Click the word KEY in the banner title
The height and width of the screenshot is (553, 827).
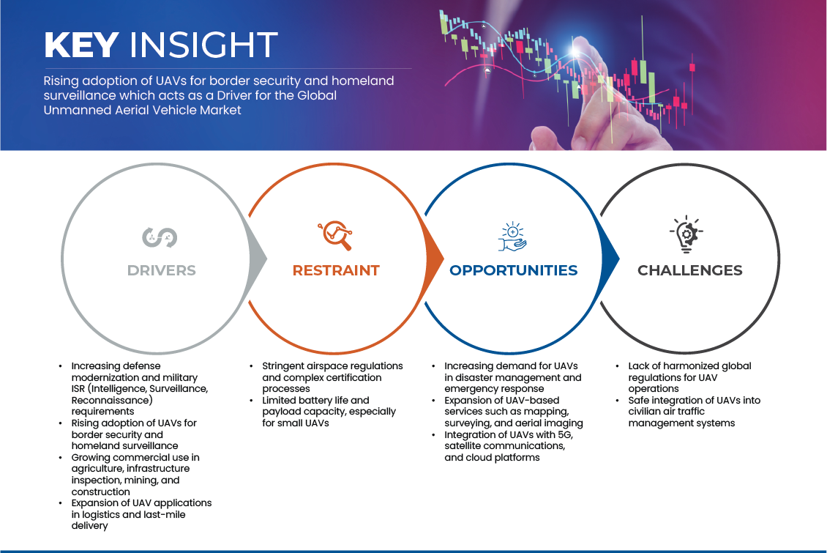[81, 45]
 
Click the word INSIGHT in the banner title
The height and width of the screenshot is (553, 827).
[203, 45]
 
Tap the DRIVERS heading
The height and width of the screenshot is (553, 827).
[162, 270]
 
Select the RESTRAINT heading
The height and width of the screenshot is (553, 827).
[336, 270]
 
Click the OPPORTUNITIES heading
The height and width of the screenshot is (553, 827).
[513, 270]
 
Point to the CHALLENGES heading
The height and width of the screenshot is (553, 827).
[690, 270]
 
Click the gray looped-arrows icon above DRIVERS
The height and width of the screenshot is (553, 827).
[160, 237]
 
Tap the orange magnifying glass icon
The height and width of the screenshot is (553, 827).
[335, 235]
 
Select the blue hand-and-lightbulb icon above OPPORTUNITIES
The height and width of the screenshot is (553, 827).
[512, 237]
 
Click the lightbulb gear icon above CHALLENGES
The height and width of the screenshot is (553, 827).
[686, 234]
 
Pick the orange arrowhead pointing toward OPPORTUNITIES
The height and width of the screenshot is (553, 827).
[435, 259]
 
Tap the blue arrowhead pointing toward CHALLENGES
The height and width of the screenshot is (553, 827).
[611, 259]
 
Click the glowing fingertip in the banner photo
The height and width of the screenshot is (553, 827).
[577, 51]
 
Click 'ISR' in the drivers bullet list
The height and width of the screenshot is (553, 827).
[78, 389]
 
